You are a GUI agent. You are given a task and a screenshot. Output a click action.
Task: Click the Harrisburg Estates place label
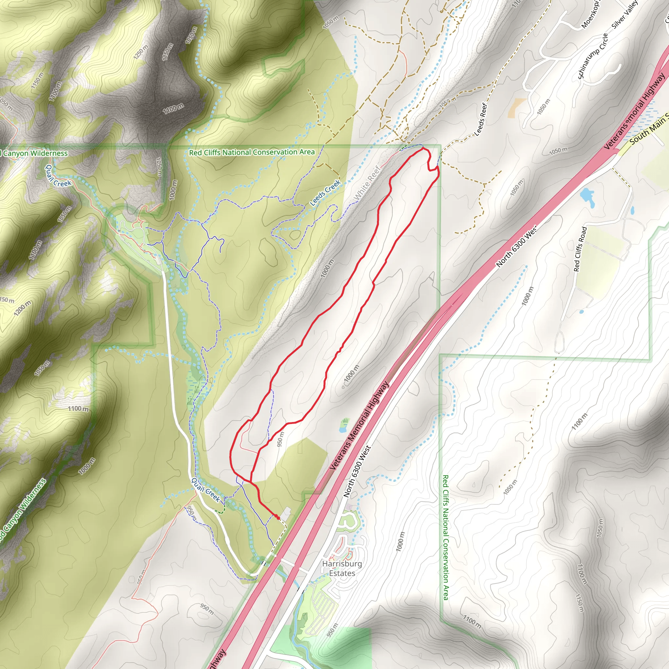342,568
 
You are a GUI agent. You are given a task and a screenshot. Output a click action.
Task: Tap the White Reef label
367,183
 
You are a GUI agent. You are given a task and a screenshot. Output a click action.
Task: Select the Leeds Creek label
325,193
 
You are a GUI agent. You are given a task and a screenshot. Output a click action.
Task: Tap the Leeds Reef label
481,120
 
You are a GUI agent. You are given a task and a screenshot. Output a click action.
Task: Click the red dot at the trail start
278,518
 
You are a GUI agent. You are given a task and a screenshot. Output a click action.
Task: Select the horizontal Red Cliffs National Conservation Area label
252,152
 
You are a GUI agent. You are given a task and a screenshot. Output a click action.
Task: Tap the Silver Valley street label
625,15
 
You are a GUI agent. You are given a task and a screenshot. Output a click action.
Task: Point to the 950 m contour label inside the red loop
281,439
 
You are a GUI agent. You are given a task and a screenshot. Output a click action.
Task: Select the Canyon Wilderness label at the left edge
35,153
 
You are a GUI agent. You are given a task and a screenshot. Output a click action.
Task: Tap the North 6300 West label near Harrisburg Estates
357,471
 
